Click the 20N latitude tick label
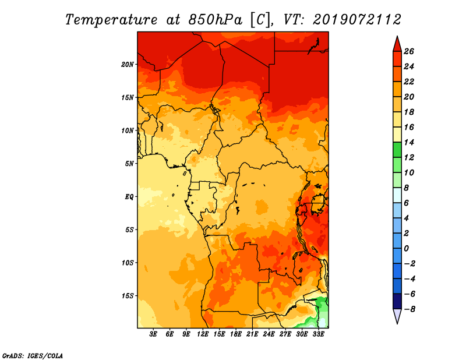pos(128,64)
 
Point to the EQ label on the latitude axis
pos(129,196)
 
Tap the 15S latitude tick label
pos(128,295)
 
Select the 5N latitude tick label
pos(129,164)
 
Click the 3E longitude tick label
pos(153,334)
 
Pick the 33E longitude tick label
pos(318,334)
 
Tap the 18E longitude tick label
pos(236,334)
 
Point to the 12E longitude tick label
pos(203,334)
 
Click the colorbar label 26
pos(409,51)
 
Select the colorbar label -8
pos(409,309)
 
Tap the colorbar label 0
pos(406,248)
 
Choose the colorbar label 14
pos(409,142)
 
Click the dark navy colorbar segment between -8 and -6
pos(397,301)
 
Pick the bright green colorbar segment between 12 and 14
pos(397,150)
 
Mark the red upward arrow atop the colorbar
pos(397,44)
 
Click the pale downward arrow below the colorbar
pos(397,316)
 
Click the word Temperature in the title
pos(111,20)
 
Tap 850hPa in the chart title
pos(215,20)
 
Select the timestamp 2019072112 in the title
pos(357,20)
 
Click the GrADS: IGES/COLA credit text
pos(33,355)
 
